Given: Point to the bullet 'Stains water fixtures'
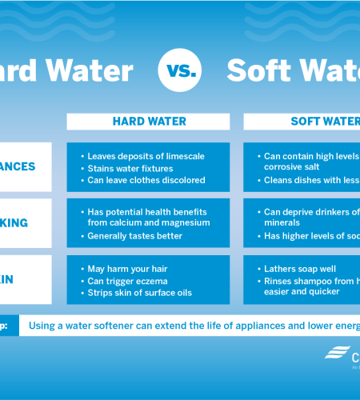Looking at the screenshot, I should pyautogui.click(x=130, y=168).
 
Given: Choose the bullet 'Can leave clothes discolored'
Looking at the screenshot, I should pyautogui.click(x=146, y=180).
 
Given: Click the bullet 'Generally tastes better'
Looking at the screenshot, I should pyautogui.click(x=134, y=236).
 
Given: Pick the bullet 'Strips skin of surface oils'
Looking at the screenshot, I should pyautogui.click(x=141, y=293).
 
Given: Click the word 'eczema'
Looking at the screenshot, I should pyautogui.click(x=149, y=281).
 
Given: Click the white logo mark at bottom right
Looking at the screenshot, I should pyautogui.click(x=335, y=353).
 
